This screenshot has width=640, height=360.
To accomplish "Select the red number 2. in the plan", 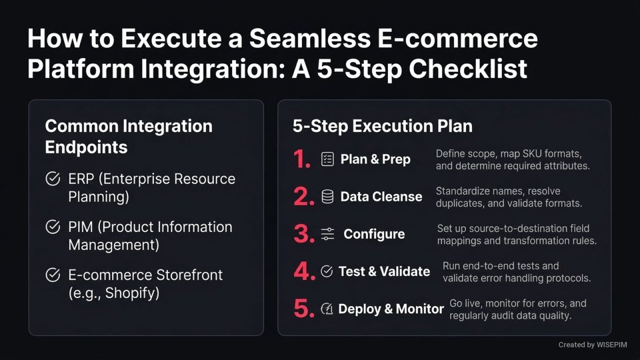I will click(304, 197).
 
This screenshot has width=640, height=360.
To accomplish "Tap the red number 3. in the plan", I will click(304, 234).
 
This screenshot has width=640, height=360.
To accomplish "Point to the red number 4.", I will click(304, 271).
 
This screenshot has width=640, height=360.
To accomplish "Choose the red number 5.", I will click(304, 309).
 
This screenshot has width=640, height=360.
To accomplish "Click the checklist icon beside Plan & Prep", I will click(327, 159).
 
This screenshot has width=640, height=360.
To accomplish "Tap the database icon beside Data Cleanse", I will click(327, 197).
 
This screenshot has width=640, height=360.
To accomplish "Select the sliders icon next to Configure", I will click(327, 234).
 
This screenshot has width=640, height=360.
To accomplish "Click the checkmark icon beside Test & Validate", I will click(327, 271).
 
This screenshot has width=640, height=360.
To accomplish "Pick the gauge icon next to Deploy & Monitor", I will click(327, 309).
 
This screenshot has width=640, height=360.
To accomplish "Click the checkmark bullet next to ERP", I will click(51, 179).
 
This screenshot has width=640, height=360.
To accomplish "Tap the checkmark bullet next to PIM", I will click(51, 227).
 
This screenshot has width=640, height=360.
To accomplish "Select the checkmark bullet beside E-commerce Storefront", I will click(51, 275).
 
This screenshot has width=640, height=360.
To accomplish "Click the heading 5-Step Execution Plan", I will click(383, 126).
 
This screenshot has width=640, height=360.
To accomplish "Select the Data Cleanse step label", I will click(381, 197).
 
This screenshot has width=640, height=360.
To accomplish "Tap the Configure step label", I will click(374, 234).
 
